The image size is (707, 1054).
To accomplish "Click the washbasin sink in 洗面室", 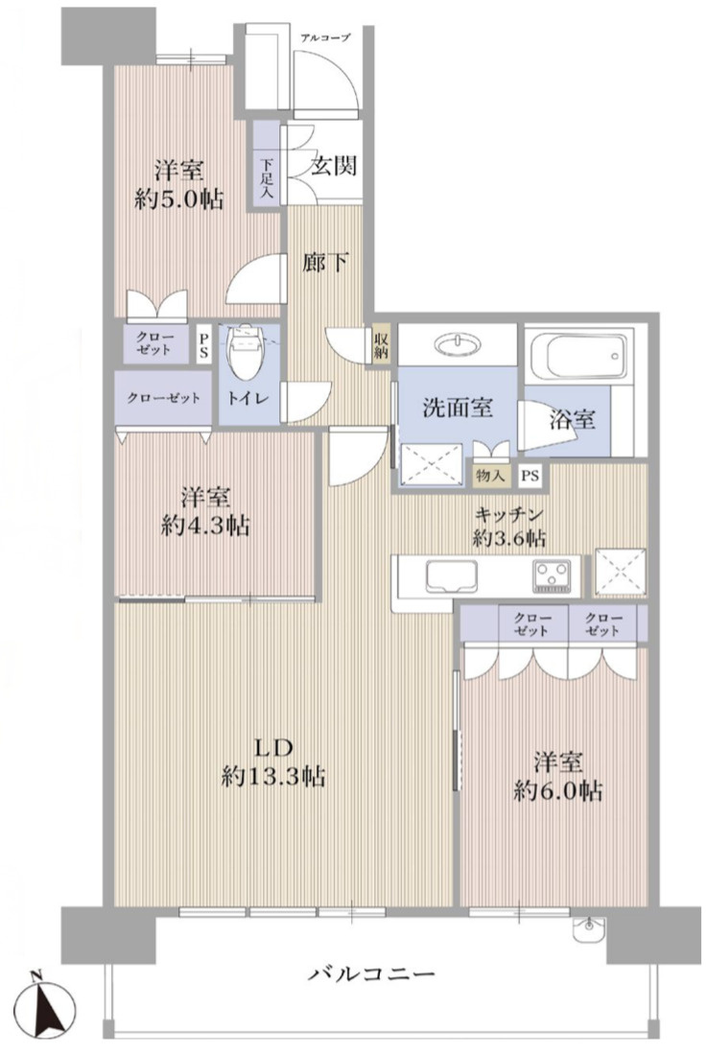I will (459, 344).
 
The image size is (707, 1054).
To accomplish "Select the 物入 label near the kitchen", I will (489, 475).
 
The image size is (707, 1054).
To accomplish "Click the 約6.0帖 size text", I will (557, 791).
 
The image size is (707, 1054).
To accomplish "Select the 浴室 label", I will (574, 419).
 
